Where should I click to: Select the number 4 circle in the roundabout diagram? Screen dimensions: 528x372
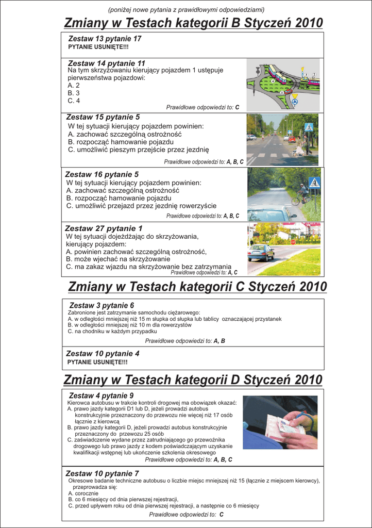tap(273, 80)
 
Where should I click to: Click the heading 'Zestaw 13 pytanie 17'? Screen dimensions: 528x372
tap(105, 39)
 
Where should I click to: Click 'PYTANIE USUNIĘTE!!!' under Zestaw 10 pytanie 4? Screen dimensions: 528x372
tap(97, 362)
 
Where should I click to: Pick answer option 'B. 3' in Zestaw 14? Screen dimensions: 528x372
tap(74, 93)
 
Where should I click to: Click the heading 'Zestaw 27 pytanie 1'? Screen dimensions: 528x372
tap(104, 228)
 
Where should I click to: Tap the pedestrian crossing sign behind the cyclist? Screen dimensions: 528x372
tap(314, 182)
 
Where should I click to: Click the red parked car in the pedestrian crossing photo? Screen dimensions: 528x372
tap(292, 139)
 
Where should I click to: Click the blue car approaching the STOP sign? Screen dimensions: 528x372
tap(261, 252)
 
